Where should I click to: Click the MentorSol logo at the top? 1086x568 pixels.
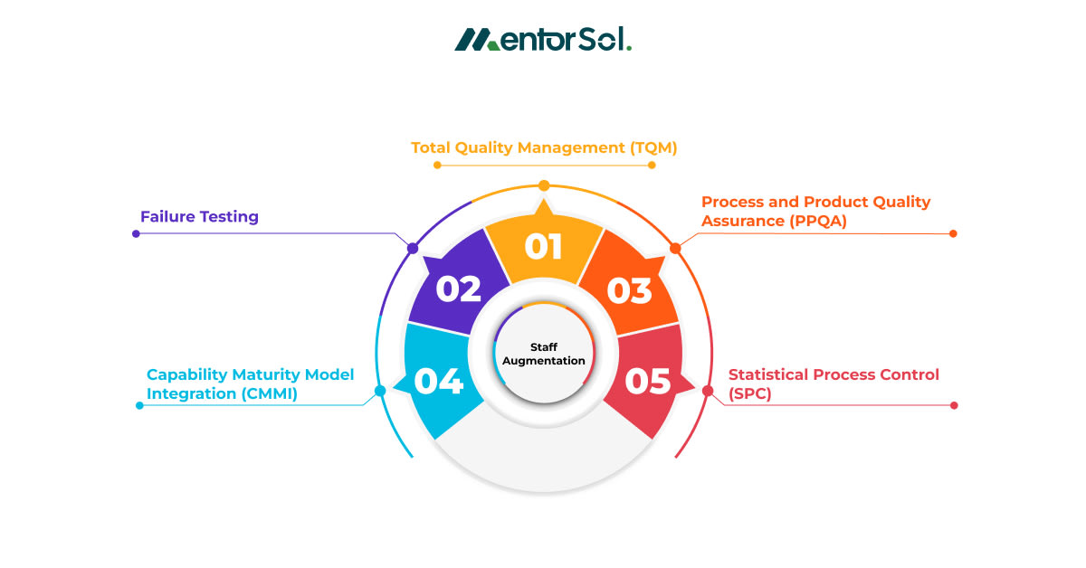[543, 40]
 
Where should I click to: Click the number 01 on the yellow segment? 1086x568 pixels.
[543, 247]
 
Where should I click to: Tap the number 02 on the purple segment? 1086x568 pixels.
[458, 289]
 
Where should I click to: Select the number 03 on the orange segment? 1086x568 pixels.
[629, 290]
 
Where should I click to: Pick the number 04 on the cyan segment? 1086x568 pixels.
[439, 381]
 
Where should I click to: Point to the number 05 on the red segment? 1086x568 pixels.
[648, 382]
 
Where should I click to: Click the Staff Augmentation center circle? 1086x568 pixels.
[545, 354]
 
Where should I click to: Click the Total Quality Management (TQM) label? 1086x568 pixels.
[544, 147]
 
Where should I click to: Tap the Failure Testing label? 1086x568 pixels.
[199, 217]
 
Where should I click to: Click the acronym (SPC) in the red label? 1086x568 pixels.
[750, 393]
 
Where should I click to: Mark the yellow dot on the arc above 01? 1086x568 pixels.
[544, 185]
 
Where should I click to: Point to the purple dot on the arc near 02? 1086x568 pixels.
[413, 248]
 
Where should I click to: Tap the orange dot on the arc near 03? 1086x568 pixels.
[674, 248]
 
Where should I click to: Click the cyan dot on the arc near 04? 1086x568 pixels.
[380, 392]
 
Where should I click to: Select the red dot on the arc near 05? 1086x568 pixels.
[708, 391]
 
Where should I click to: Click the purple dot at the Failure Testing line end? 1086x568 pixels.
[136, 233]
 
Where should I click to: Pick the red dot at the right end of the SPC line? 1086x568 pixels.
[954, 405]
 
